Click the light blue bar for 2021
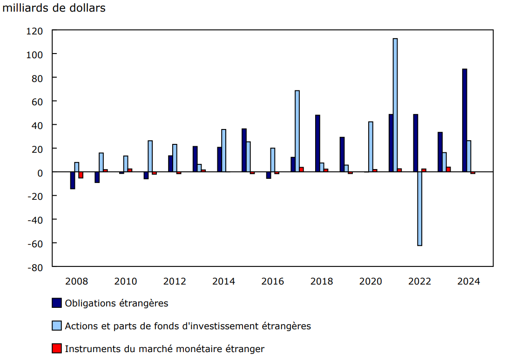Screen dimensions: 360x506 [x=395, y=105]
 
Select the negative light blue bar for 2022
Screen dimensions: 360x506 [x=420, y=209]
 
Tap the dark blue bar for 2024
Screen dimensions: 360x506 [x=465, y=121]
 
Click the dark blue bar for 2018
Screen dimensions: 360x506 [x=317, y=143]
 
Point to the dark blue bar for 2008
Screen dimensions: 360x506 [x=73, y=180]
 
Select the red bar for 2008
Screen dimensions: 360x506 [x=81, y=175]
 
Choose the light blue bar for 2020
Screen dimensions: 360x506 [x=371, y=147]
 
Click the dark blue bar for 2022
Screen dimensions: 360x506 [x=415, y=143]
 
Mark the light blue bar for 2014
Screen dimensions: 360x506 [x=223, y=150]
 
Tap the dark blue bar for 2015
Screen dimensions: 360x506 [x=244, y=150]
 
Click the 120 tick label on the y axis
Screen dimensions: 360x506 [x=35, y=31]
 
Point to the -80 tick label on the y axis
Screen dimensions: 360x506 [x=35, y=268]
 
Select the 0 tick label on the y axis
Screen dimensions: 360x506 [x=40, y=173]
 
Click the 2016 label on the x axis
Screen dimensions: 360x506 [x=272, y=281]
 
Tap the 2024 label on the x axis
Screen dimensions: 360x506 [x=469, y=281]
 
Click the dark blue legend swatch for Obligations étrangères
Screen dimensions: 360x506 [x=57, y=303]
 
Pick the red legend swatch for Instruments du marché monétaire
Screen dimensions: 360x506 [x=57, y=348]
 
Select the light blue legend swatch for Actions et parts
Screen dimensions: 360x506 [x=57, y=326]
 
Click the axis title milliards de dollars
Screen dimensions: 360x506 [x=54, y=8]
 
